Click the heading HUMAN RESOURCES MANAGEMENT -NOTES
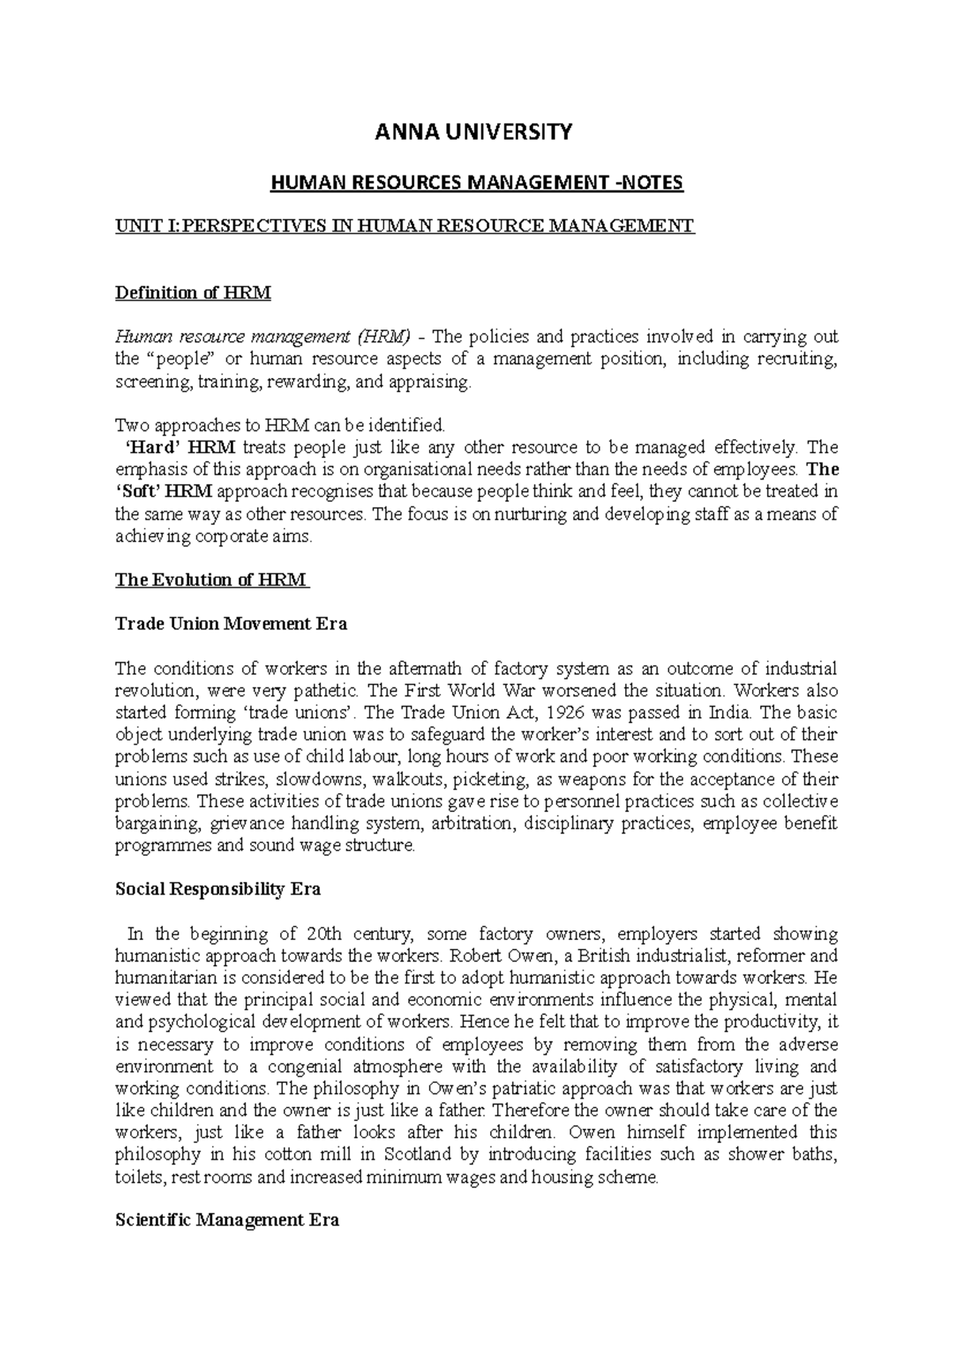(x=476, y=184)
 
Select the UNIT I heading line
(x=405, y=226)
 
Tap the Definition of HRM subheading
(x=193, y=293)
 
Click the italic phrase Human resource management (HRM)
(x=263, y=337)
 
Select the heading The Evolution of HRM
(x=211, y=580)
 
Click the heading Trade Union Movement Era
(x=231, y=624)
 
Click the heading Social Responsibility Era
(x=218, y=889)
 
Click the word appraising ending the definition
(x=436, y=382)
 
